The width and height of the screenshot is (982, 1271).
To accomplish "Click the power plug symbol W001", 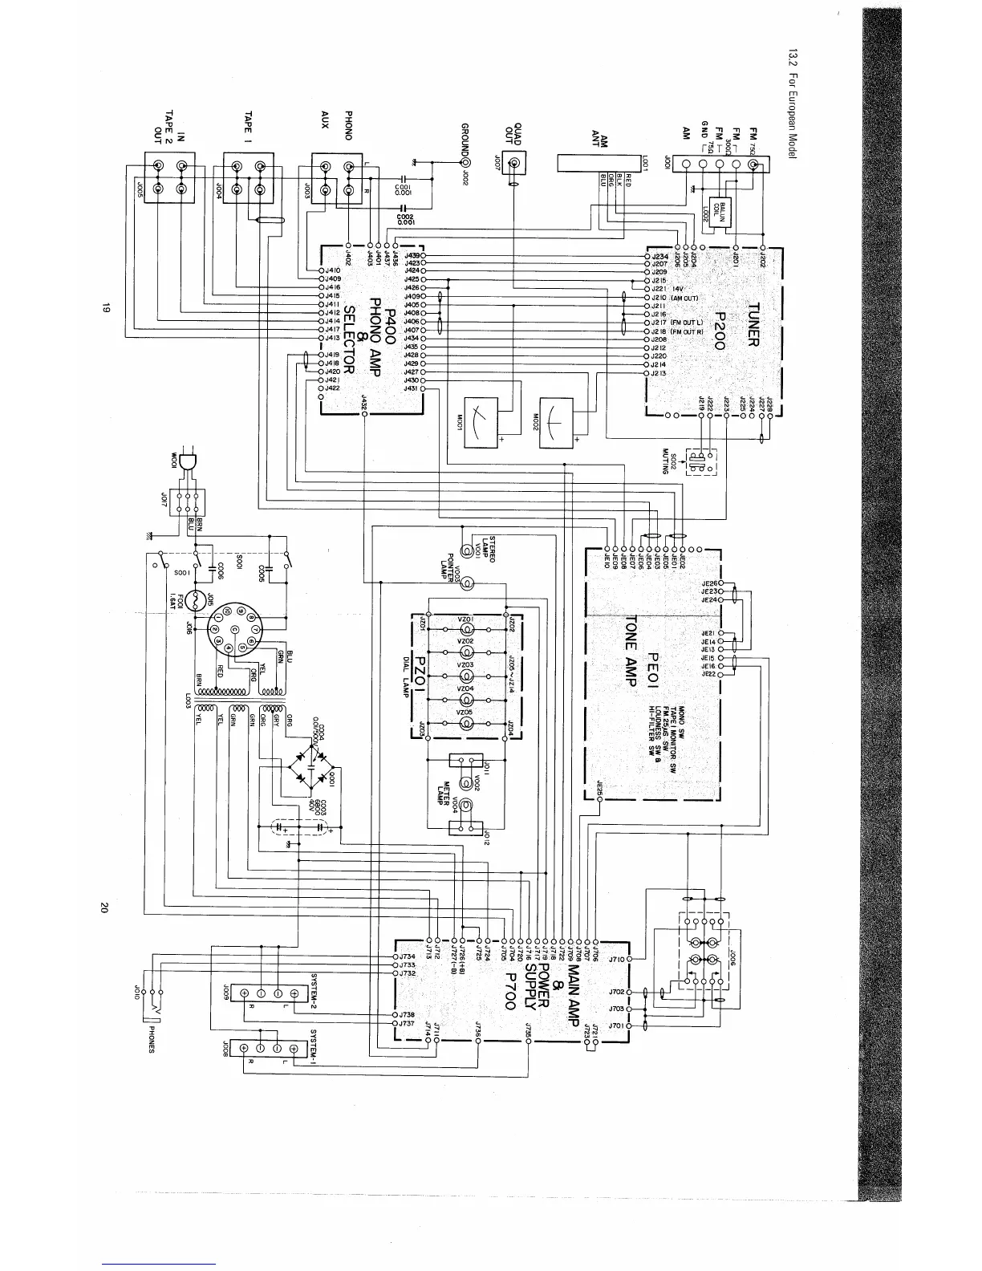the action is point(189,462).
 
